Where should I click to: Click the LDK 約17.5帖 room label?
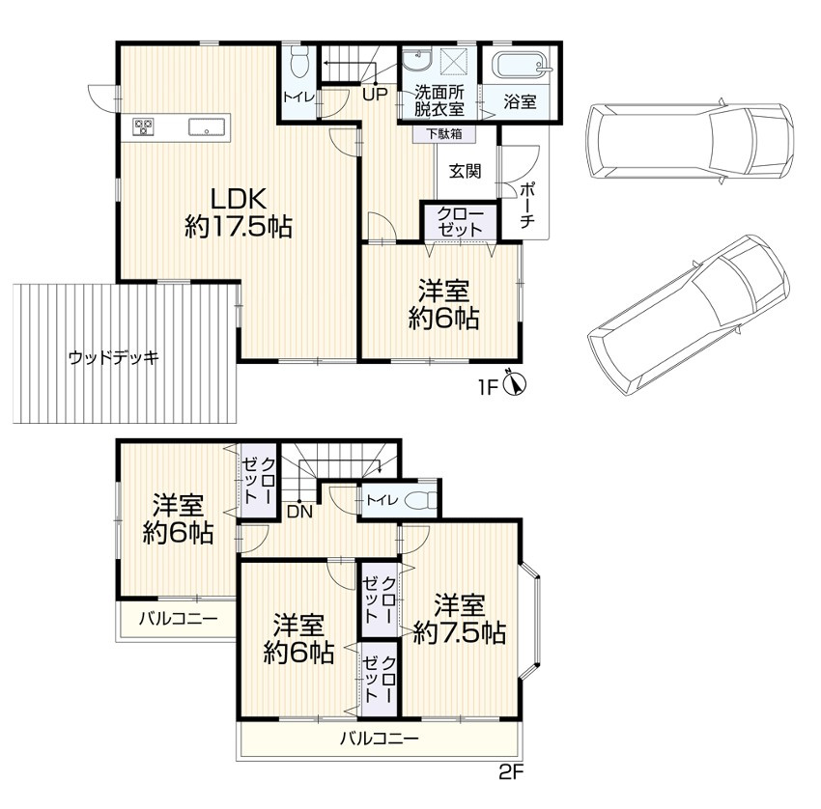coord(239,212)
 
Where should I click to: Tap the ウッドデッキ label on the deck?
coord(114,358)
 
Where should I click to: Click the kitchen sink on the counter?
coord(207,126)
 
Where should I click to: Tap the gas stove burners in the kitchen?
coord(144,126)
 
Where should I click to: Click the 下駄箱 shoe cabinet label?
coord(443,134)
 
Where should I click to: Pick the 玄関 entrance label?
coord(466,171)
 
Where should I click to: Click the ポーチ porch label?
coord(527,205)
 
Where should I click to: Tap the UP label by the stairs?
coord(376,95)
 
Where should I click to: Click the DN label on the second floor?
coord(299,512)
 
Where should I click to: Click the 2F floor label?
coord(511,772)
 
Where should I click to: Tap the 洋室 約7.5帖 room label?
coord(459,619)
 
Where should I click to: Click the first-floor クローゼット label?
coord(460,222)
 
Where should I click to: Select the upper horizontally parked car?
coord(690,142)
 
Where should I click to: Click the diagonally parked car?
coord(689,315)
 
